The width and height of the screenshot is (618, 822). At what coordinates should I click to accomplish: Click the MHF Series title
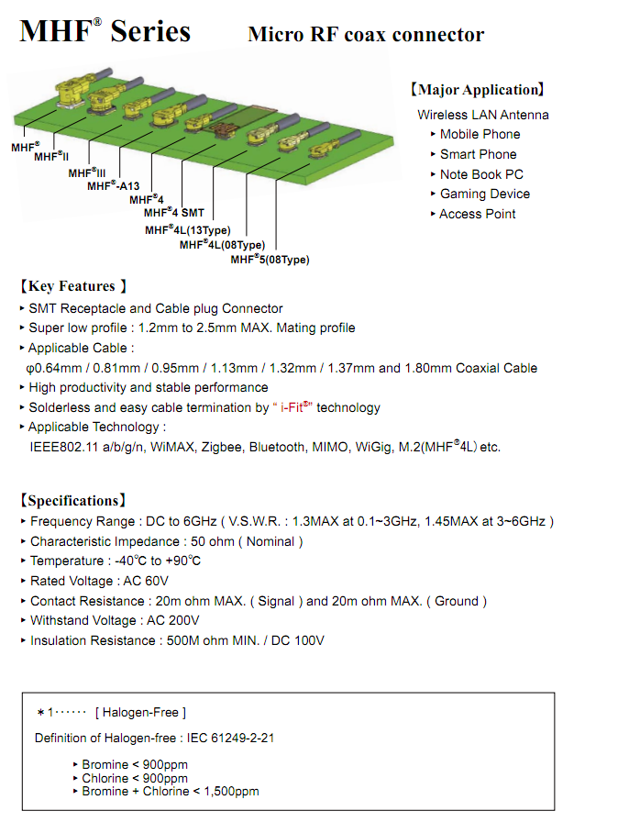(x=105, y=31)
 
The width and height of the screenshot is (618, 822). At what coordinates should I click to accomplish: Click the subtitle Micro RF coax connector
(x=366, y=35)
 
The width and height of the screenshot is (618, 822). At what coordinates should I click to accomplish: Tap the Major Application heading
(x=477, y=90)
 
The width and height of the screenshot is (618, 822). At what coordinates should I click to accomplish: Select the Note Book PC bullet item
(x=481, y=174)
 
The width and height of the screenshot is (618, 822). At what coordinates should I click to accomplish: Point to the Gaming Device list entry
(x=484, y=194)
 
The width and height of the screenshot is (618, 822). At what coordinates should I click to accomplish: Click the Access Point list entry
(x=477, y=214)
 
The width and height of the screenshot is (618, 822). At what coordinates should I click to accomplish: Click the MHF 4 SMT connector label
(x=174, y=212)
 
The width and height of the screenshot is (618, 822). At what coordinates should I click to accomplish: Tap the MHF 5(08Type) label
(x=270, y=260)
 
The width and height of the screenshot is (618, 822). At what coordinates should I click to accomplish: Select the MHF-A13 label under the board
(x=113, y=185)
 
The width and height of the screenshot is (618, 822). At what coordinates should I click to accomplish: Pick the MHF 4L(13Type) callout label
(x=187, y=229)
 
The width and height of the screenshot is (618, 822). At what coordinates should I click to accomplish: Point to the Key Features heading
(x=73, y=286)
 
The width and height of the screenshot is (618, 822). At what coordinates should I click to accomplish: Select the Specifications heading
(x=73, y=501)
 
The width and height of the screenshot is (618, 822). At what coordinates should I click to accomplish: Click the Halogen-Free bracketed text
(x=140, y=713)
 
